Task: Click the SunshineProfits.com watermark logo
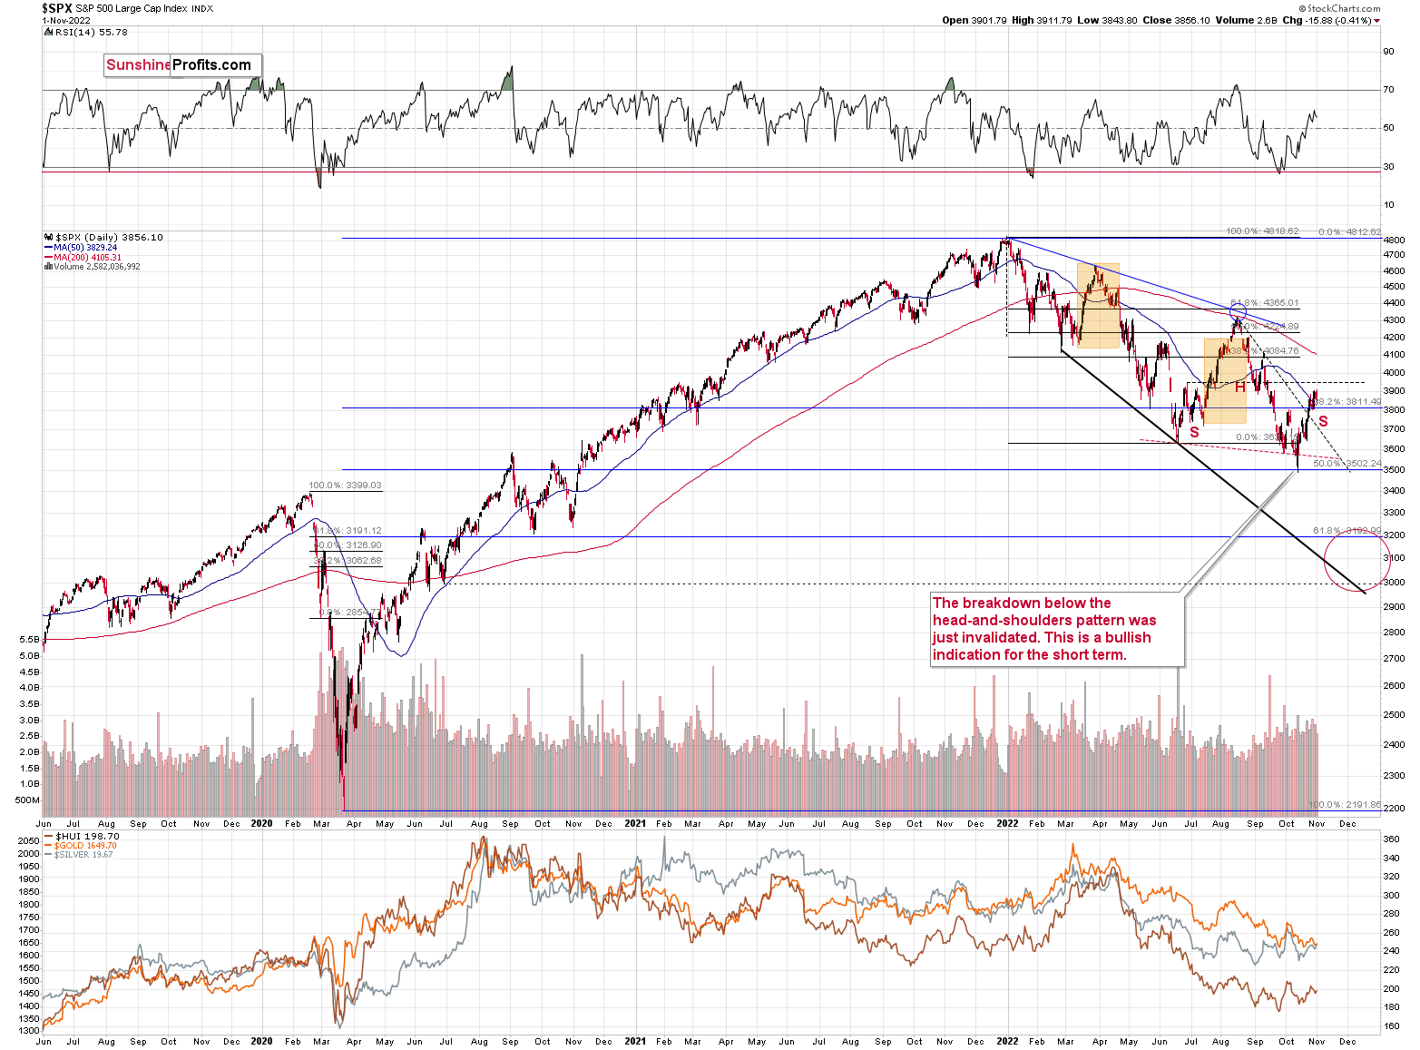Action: pyautogui.click(x=180, y=64)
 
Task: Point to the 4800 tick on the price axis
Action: pyautogui.click(x=1394, y=240)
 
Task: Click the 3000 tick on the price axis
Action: pyautogui.click(x=1394, y=583)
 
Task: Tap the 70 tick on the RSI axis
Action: pyautogui.click(x=1388, y=90)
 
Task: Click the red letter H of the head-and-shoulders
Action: pyautogui.click(x=1239, y=387)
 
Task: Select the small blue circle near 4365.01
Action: pyautogui.click(x=1238, y=312)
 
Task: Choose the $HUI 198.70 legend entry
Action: pyautogui.click(x=87, y=836)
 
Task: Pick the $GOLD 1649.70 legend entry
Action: pyautogui.click(x=85, y=845)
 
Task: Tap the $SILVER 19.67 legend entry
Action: pyautogui.click(x=83, y=854)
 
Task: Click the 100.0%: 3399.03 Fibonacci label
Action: pyautogui.click(x=345, y=486)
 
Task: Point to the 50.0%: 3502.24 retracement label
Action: pyautogui.click(x=1347, y=464)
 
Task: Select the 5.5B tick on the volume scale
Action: pyautogui.click(x=28, y=639)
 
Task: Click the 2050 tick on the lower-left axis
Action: pyautogui.click(x=29, y=841)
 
